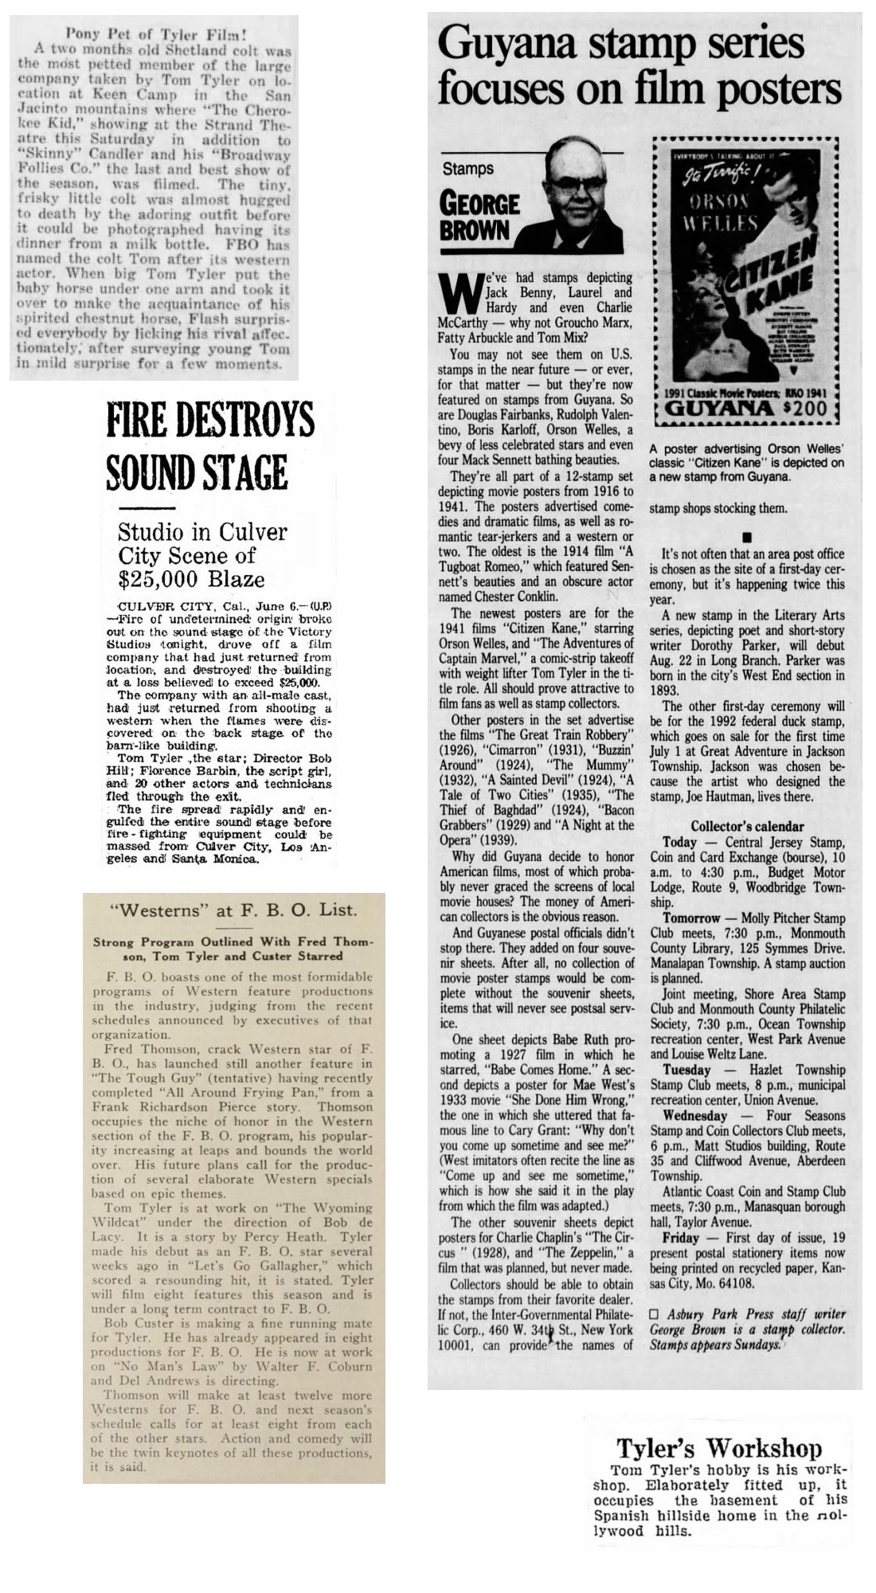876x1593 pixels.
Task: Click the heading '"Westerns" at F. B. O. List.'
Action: tap(233, 910)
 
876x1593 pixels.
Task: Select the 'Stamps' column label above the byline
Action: tap(468, 169)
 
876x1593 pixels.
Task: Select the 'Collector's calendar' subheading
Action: tap(747, 827)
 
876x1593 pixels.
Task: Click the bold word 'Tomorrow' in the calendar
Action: tap(690, 918)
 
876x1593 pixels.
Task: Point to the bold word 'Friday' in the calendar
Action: tap(681, 1238)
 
